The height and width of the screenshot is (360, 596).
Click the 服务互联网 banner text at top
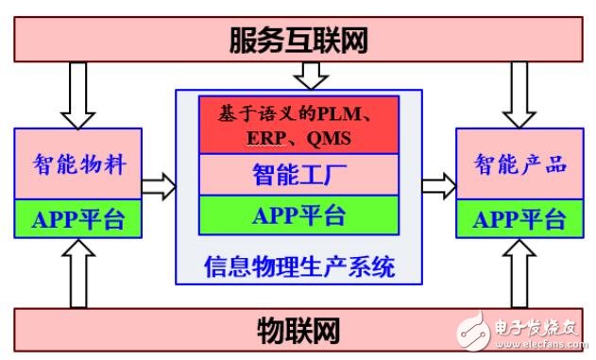pos(298,40)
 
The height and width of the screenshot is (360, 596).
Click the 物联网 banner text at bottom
pos(298,331)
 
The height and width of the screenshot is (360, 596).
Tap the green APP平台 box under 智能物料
pos(77,219)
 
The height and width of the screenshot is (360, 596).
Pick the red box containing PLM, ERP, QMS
pos(298,125)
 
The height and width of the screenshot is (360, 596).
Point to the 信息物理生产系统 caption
pos(298,266)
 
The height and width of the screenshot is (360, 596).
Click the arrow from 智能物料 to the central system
pos(159,186)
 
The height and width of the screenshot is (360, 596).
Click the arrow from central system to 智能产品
pos(437,185)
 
